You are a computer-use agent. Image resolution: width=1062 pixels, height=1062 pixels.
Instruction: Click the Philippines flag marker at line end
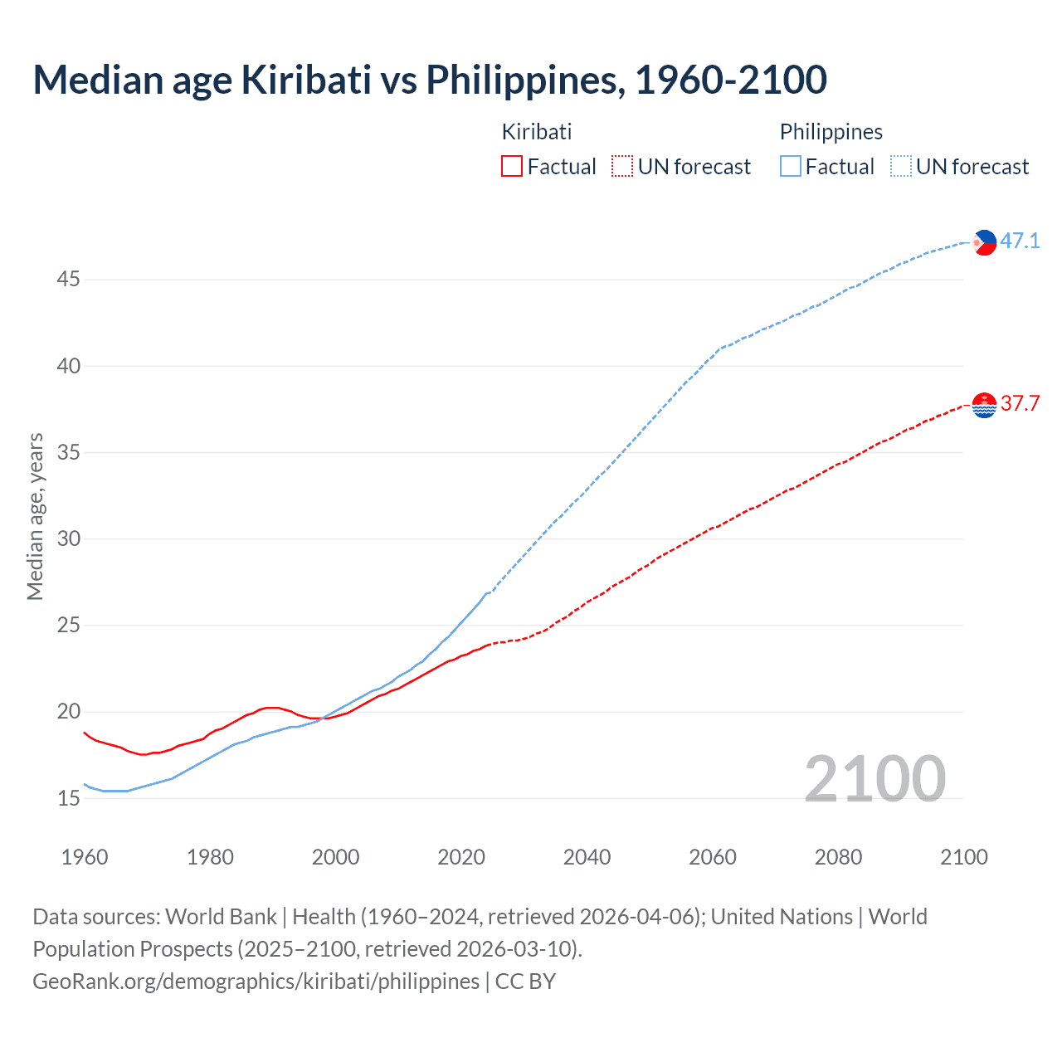[984, 242]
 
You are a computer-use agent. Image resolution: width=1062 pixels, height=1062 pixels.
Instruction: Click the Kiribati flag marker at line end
[984, 405]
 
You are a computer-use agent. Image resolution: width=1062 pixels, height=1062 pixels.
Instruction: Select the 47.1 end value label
[1020, 241]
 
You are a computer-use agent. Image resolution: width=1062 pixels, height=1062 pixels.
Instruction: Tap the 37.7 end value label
[1020, 404]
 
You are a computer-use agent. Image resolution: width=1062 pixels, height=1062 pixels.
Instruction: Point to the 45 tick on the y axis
[68, 280]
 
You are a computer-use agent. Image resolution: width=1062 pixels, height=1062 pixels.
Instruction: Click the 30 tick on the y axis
[68, 539]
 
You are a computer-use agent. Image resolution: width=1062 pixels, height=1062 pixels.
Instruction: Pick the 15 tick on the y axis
[68, 799]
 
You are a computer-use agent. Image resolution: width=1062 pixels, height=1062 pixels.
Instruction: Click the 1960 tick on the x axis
[85, 857]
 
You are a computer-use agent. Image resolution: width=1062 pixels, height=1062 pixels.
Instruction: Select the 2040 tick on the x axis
[587, 857]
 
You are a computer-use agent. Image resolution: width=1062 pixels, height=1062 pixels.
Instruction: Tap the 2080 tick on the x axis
[838, 857]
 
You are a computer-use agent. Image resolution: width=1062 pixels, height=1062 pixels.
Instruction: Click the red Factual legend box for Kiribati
[512, 167]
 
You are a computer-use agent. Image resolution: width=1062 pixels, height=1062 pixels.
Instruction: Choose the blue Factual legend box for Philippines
[790, 167]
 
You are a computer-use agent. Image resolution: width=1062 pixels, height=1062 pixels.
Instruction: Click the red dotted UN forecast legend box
[622, 167]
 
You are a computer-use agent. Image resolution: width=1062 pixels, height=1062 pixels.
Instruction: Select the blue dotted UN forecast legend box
[900, 167]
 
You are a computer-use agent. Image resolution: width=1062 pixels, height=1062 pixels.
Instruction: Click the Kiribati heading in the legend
[537, 132]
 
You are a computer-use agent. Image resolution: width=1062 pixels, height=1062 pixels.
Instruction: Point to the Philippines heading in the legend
[831, 132]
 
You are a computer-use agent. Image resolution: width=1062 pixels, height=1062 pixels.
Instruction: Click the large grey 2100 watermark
[874, 779]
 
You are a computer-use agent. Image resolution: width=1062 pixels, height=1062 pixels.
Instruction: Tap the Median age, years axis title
[35, 516]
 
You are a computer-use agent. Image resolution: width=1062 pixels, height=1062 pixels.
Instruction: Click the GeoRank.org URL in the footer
[256, 982]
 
